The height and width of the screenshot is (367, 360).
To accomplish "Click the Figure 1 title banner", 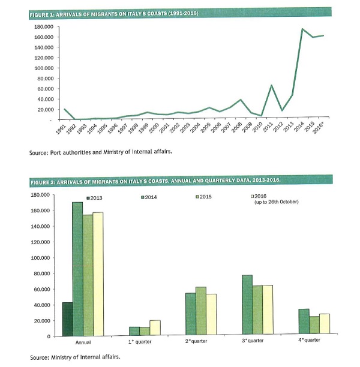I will point(180,13).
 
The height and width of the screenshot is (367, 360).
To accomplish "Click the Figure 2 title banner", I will point(180,180).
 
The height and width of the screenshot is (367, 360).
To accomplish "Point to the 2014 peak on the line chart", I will point(302,29).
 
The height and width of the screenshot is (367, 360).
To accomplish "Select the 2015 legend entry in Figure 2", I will point(206,197).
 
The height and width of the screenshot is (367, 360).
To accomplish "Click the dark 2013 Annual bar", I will point(67,319).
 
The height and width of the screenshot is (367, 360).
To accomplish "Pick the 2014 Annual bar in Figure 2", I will point(77,269).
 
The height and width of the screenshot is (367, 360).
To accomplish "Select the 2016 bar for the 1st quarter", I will point(155,328).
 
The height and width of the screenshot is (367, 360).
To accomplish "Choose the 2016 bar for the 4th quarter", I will point(324,324).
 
